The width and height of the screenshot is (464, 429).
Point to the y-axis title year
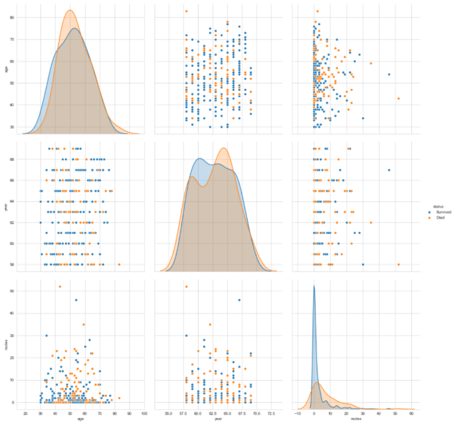click(x=6, y=207)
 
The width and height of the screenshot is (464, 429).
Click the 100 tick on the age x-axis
click(x=144, y=414)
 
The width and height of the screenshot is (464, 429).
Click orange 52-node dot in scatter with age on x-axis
click(x=59, y=287)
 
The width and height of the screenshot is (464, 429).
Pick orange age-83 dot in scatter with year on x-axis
click(x=186, y=11)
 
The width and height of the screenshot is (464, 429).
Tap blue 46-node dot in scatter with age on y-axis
click(x=389, y=74)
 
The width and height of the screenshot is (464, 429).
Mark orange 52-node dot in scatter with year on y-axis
click(x=398, y=265)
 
